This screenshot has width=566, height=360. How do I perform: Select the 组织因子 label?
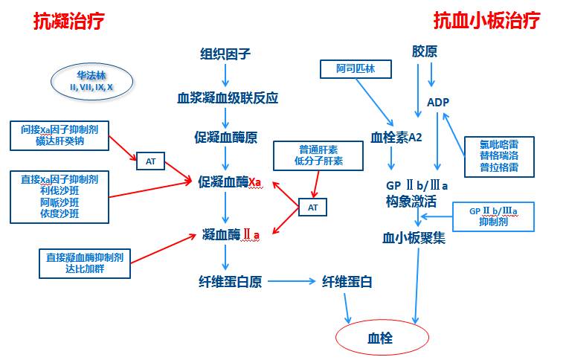tap(225, 54)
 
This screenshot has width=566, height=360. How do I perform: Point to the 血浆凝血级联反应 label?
tap(227, 97)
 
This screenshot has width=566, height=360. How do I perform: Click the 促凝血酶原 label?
tap(225, 137)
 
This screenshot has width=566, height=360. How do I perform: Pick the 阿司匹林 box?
tap(356, 68)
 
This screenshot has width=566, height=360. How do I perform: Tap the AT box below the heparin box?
tap(312, 208)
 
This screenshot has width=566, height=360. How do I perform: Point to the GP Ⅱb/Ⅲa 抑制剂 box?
tap(493, 216)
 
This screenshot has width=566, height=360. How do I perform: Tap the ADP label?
tap(438, 102)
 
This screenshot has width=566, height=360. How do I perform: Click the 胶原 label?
tap(425, 51)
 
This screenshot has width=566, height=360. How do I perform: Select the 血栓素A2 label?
tap(396, 137)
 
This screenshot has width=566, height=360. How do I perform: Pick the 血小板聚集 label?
tap(414, 238)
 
